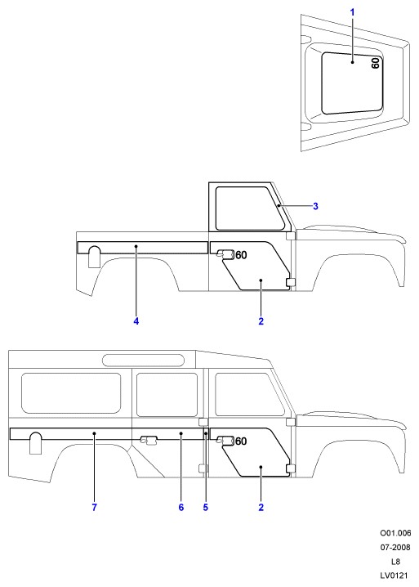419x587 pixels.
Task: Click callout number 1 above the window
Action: (352, 12)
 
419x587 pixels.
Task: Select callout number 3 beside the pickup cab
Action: (315, 206)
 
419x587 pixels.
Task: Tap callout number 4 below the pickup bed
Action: (136, 320)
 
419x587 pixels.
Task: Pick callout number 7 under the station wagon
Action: (94, 507)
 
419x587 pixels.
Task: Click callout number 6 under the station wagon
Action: (181, 507)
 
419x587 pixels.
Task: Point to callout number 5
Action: (205, 507)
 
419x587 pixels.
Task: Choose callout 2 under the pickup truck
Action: (261, 320)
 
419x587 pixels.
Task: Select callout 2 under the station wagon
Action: (261, 507)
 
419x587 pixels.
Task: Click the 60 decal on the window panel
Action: (375, 63)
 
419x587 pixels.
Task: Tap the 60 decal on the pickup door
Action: (241, 255)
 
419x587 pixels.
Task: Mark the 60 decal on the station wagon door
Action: (241, 441)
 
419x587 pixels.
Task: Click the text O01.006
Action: (395, 533)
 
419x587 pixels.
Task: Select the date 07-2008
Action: (395, 547)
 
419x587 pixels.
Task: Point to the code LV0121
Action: (394, 576)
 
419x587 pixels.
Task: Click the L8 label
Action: (395, 561)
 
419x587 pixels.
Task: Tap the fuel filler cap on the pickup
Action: (94, 257)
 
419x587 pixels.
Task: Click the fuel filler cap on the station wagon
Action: (36, 443)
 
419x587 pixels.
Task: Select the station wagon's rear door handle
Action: (149, 440)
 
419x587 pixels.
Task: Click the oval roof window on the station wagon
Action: (143, 361)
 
